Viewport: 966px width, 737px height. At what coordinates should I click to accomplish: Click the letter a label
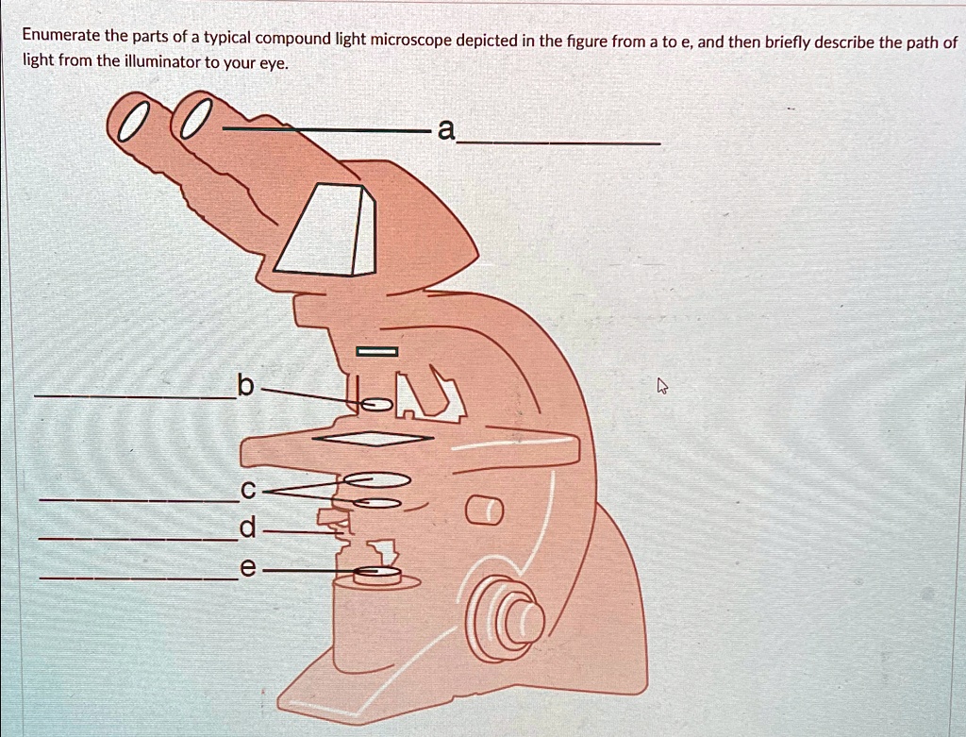click(445, 130)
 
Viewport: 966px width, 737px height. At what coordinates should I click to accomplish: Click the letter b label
click(244, 385)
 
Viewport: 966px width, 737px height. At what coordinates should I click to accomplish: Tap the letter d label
click(246, 529)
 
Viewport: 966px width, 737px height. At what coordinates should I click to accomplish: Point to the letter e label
click(247, 569)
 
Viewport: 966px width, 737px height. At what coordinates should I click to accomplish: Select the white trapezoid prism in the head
click(325, 230)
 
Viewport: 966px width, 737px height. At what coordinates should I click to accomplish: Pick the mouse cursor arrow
click(662, 386)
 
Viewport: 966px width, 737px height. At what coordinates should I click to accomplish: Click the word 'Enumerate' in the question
click(60, 37)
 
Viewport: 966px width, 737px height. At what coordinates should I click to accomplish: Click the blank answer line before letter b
click(132, 397)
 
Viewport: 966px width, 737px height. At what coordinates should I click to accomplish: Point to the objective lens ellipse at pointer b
click(375, 405)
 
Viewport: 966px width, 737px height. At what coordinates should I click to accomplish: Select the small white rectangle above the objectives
click(376, 352)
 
